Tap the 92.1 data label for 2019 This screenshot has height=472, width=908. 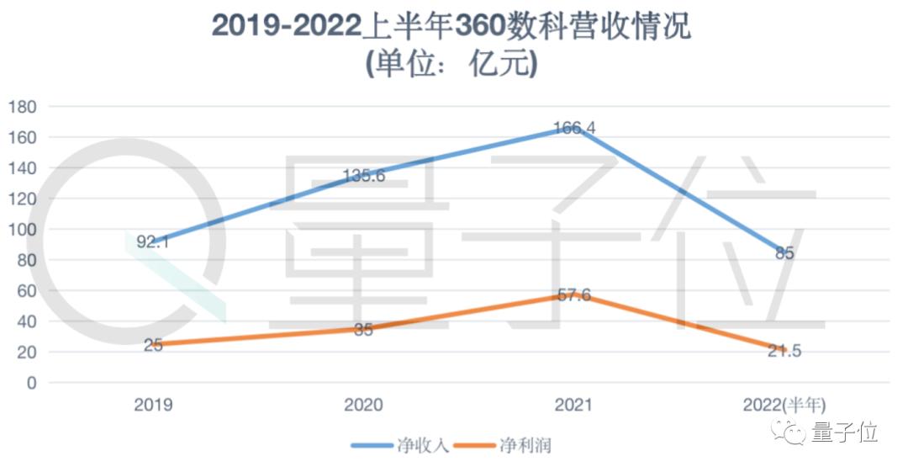tap(153, 242)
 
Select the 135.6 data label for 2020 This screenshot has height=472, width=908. tap(363, 176)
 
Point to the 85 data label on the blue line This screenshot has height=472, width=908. tap(784, 253)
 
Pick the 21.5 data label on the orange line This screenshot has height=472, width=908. tap(784, 351)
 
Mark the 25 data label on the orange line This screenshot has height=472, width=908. tap(153, 345)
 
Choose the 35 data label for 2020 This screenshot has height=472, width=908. tap(363, 330)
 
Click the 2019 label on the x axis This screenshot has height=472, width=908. tap(153, 405)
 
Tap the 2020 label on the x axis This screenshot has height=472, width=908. tap(363, 405)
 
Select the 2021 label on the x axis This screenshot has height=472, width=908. tap(573, 405)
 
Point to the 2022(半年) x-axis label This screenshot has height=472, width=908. tap(784, 405)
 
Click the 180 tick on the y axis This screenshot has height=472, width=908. tap(23, 107)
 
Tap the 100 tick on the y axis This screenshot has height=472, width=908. tap(23, 230)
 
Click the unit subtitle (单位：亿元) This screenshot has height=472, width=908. tap(451, 65)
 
